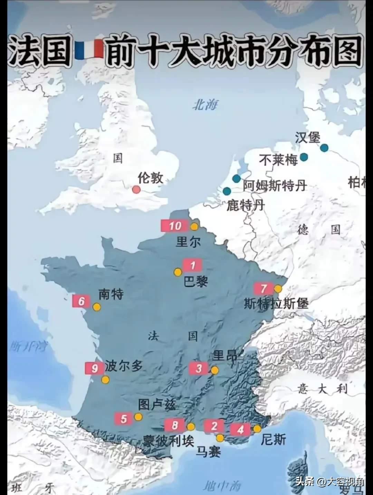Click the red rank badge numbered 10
click(x=175, y=226)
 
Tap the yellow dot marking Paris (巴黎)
click(x=178, y=272)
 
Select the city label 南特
click(x=111, y=294)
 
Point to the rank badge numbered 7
click(x=264, y=288)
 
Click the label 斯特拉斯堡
click(x=276, y=303)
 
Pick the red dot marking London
click(x=136, y=189)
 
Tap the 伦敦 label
click(x=150, y=178)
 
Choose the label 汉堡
click(x=307, y=137)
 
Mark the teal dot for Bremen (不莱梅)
click(x=304, y=157)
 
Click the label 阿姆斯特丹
click(x=275, y=185)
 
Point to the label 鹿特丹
click(x=246, y=205)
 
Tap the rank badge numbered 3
click(x=199, y=368)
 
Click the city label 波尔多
click(x=124, y=366)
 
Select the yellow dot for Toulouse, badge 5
click(x=138, y=417)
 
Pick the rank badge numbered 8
click(x=175, y=425)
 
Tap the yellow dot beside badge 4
click(x=257, y=429)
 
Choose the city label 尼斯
click(x=273, y=440)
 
